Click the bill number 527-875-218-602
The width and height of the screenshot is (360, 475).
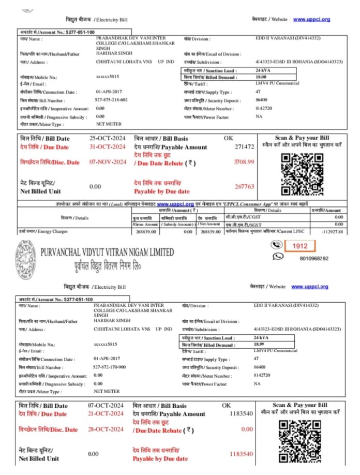click(111, 99)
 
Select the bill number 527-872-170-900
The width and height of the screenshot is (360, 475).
click(110, 366)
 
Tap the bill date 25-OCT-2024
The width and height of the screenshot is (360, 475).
click(108, 139)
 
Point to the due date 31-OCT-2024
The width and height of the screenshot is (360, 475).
click(108, 146)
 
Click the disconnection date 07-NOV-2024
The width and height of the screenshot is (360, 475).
click(108, 162)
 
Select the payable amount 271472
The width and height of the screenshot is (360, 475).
click(244, 147)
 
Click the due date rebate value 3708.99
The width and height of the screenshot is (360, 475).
click(244, 162)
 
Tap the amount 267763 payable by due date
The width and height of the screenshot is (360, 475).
click(244, 186)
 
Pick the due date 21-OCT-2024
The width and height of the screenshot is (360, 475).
click(106, 413)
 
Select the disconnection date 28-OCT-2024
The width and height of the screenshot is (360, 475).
click(106, 429)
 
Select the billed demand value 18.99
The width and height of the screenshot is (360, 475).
click(259, 344)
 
